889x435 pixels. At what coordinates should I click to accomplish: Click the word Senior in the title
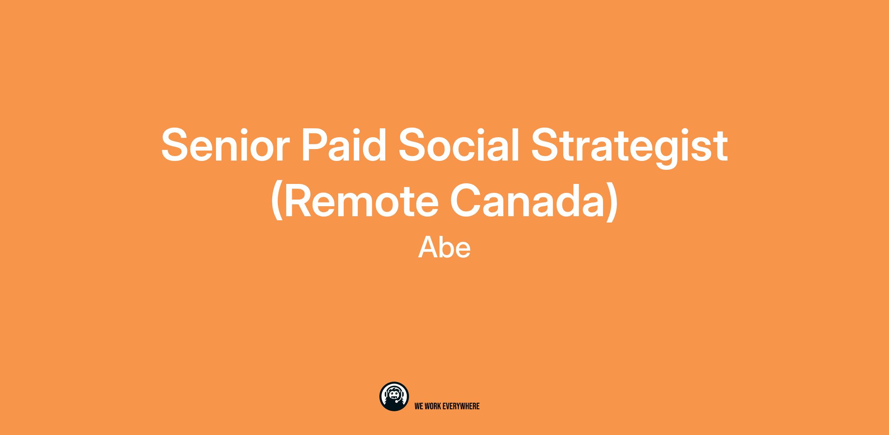pyautogui.click(x=225, y=145)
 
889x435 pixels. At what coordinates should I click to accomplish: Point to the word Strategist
pyautogui.click(x=629, y=148)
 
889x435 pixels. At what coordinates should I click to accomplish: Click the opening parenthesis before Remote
pyautogui.click(x=277, y=202)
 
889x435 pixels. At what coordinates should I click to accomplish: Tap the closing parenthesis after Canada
pyautogui.click(x=612, y=202)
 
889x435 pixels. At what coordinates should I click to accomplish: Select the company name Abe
pyautogui.click(x=444, y=248)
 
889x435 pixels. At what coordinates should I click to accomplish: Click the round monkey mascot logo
pyautogui.click(x=394, y=396)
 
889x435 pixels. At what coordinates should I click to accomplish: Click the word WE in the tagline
pyautogui.click(x=419, y=406)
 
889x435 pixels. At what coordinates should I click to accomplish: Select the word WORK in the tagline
pyautogui.click(x=433, y=406)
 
